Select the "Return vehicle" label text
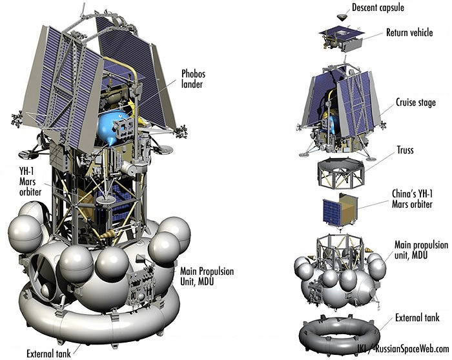pyautogui.click(x=413, y=32)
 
